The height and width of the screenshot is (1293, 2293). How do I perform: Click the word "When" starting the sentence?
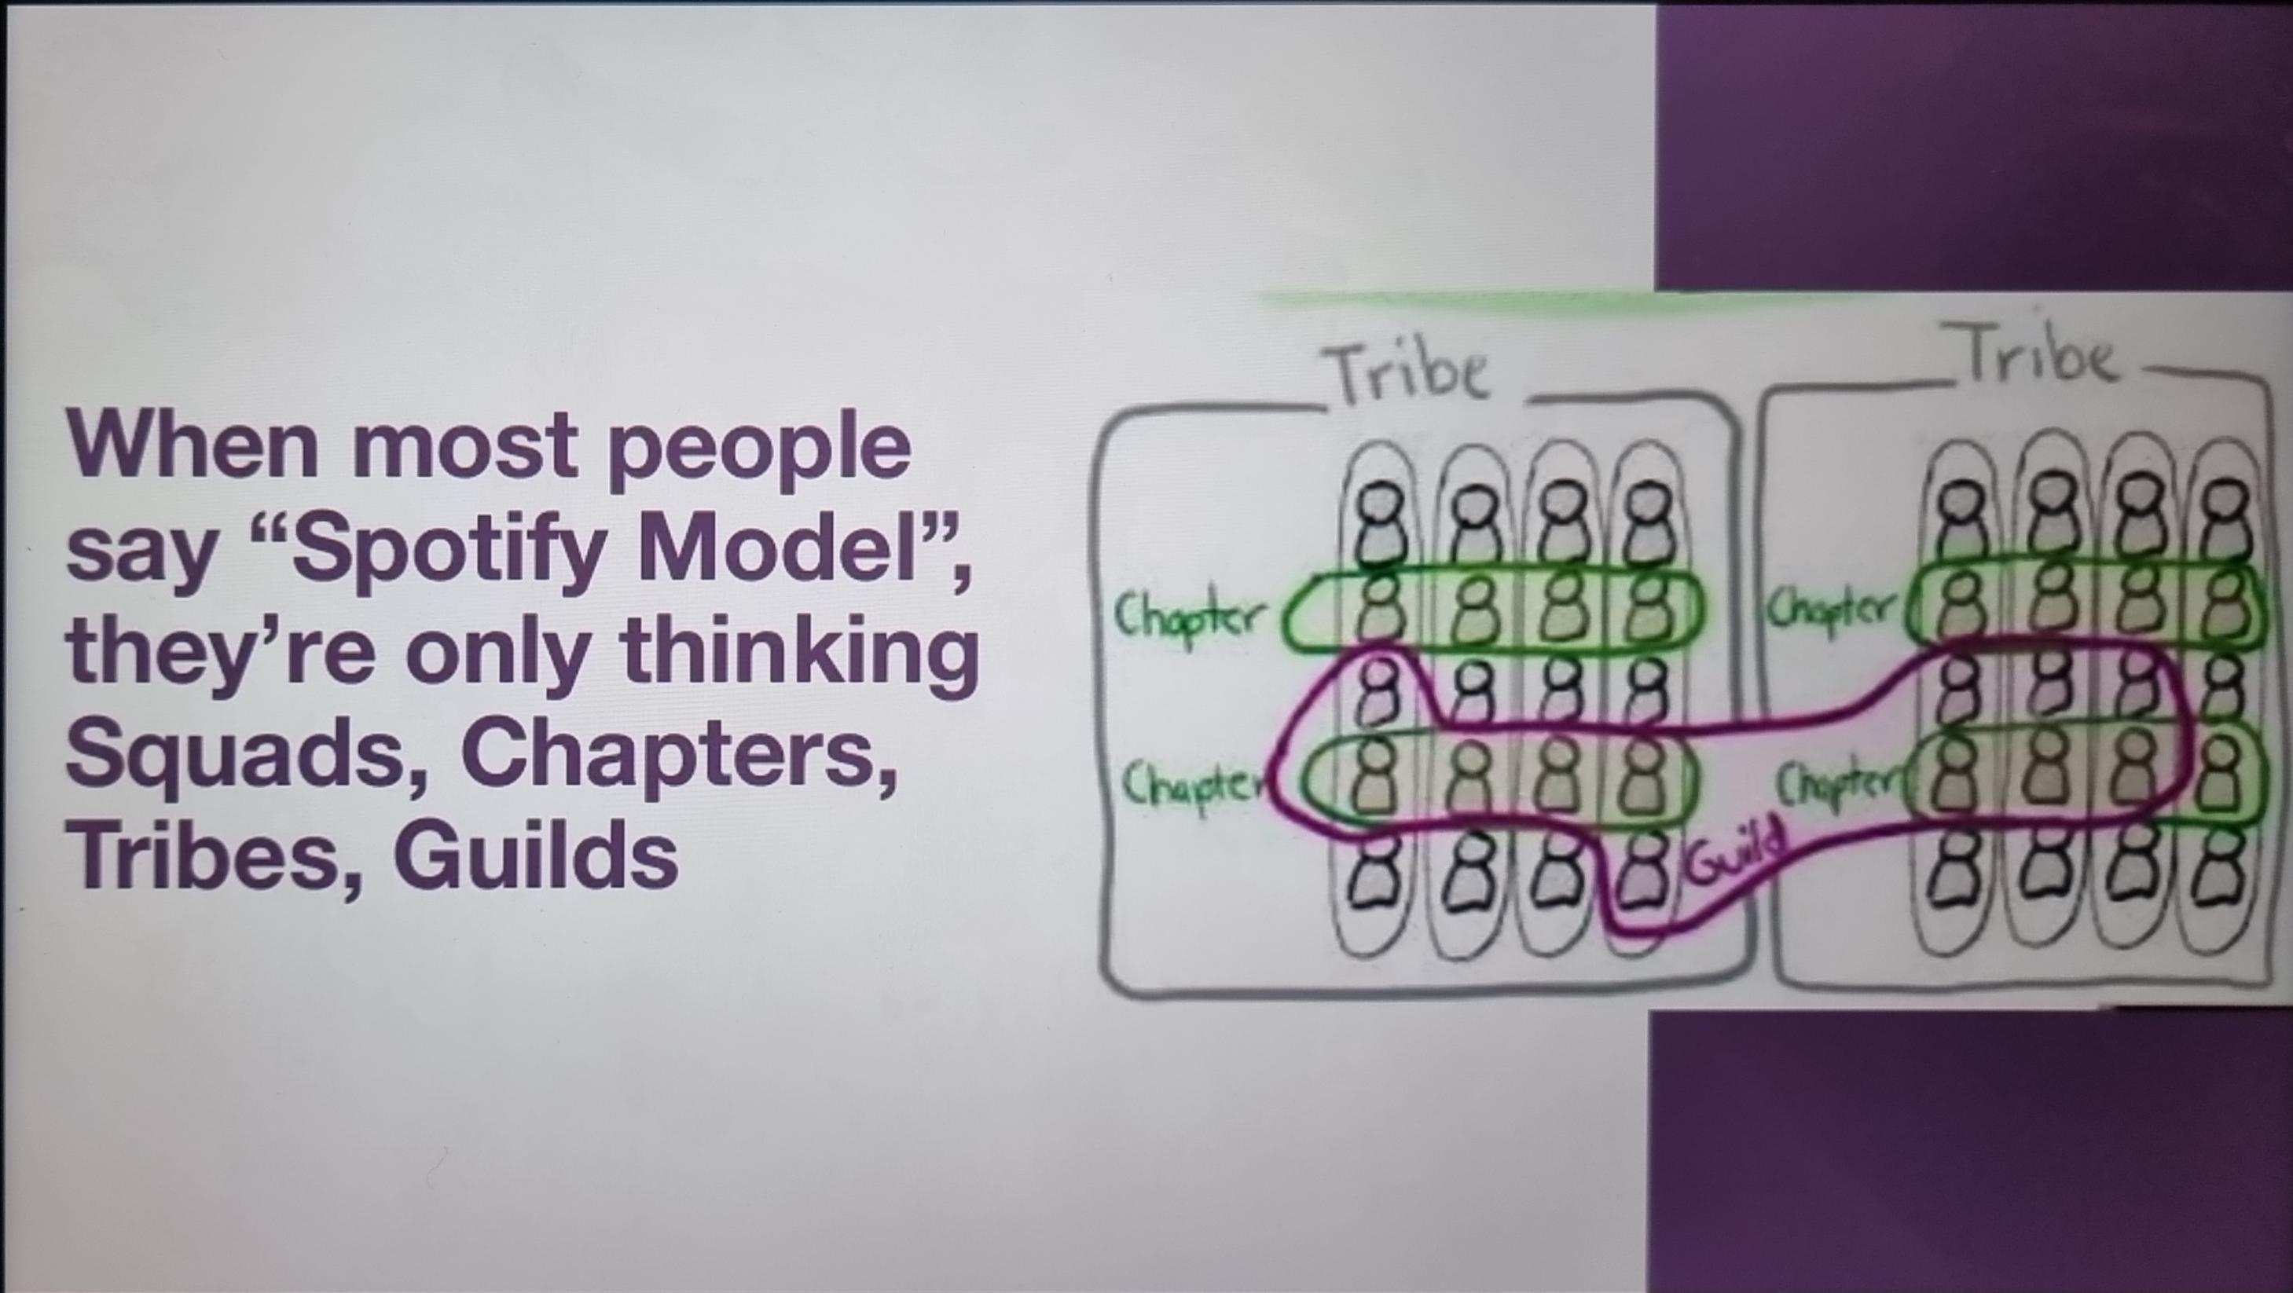(x=192, y=445)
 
